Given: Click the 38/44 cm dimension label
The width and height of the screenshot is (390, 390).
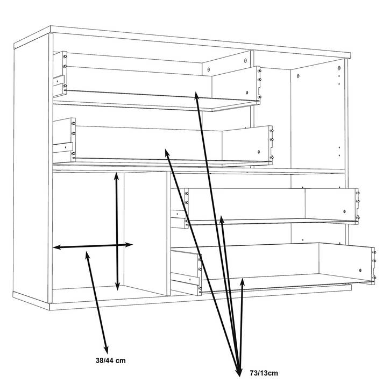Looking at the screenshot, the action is [110, 360].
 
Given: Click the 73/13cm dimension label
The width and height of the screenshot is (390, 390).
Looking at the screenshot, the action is [264, 373].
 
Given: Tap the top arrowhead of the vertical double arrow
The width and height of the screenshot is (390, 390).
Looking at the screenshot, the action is [116, 176].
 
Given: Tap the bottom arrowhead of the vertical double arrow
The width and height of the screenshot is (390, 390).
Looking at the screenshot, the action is [118, 287].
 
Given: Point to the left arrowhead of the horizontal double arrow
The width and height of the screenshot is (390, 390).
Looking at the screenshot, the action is [57, 247].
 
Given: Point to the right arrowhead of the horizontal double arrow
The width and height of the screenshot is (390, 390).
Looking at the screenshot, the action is [129, 245].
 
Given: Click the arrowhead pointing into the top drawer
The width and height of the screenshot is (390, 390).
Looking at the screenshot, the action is [196, 96].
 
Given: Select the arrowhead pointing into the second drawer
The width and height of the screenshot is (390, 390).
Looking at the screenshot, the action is [167, 152].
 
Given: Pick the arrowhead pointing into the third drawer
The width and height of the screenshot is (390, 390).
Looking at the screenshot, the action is [222, 219].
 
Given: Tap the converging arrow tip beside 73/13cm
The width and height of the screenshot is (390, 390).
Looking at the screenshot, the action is [239, 372].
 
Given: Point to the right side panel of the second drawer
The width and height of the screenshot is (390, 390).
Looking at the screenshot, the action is [247, 144].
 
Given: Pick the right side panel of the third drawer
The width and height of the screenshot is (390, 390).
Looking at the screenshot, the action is [331, 205].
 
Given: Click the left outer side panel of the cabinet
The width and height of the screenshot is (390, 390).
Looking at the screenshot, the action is [31, 169].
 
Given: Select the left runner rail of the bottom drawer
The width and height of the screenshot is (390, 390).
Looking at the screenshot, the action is [185, 278].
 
